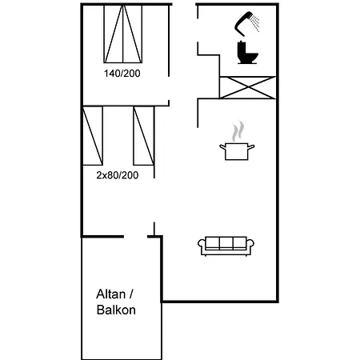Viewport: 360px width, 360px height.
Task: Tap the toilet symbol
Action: click(247, 53)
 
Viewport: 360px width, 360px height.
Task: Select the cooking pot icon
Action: click(237, 151)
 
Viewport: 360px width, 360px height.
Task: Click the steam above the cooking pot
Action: click(238, 131)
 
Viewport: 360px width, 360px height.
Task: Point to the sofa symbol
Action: click(226, 246)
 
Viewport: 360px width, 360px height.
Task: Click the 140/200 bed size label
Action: click(122, 74)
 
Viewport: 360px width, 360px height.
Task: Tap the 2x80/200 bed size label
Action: click(118, 175)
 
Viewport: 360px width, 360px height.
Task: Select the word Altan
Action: click(110, 294)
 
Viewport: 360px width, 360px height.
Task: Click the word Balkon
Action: click(116, 310)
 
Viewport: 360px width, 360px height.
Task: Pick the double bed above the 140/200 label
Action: click(123, 34)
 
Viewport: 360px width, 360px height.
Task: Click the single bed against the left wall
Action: click(93, 136)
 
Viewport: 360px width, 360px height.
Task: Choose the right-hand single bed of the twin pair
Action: click(144, 136)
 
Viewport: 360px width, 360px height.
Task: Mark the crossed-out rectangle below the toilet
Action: click(247, 88)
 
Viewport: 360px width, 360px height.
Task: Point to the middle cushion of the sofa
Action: click(226, 243)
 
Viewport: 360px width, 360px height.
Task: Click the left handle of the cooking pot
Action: click(222, 146)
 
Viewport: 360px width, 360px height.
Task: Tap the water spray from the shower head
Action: click(255, 23)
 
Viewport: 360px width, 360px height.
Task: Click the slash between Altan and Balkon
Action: click(131, 294)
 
